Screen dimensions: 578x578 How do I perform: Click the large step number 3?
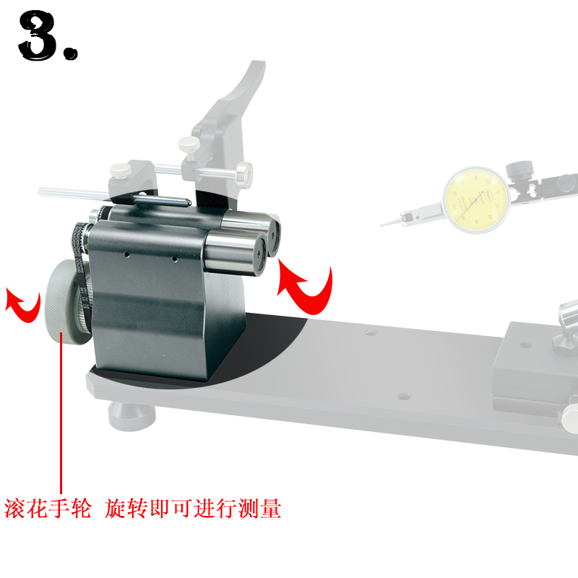point(38,35)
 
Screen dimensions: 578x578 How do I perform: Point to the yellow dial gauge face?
point(476,200)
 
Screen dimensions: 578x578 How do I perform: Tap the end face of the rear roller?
point(274,236)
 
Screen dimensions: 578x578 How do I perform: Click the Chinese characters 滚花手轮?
point(48,509)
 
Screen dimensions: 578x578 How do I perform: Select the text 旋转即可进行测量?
point(193,509)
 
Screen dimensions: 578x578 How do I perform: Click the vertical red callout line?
point(61,413)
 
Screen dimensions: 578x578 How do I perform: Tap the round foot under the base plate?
point(131,415)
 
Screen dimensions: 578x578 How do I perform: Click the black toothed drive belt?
point(80,265)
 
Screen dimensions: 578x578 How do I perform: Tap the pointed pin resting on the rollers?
point(162,200)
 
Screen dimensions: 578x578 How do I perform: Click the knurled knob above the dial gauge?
point(519,171)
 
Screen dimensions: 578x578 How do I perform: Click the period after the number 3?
point(71,53)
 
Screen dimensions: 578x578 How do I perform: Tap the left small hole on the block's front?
point(127,254)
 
